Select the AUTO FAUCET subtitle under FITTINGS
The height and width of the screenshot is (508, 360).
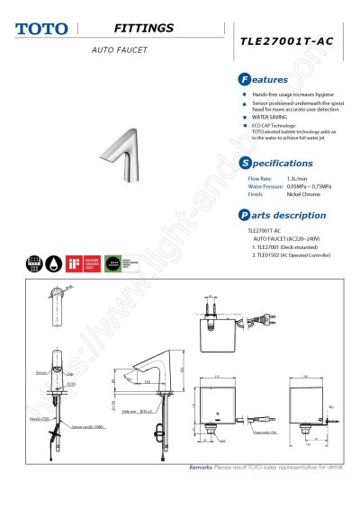[119, 50]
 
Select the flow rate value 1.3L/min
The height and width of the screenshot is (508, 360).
[299, 179]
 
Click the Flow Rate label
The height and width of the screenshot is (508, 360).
[260, 179]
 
